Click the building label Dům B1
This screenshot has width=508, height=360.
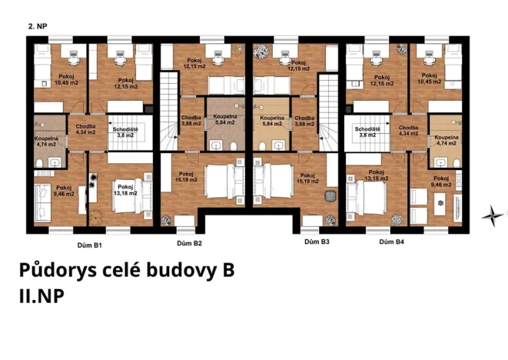[91, 245]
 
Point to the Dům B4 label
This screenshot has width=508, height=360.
[393, 244]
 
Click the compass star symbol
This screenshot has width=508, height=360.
[490, 216]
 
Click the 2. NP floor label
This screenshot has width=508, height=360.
[38, 25]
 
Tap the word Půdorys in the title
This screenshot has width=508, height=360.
[55, 272]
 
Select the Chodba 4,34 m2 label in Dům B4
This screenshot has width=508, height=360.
[409, 131]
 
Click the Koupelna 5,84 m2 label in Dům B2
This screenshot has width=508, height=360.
[225, 120]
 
